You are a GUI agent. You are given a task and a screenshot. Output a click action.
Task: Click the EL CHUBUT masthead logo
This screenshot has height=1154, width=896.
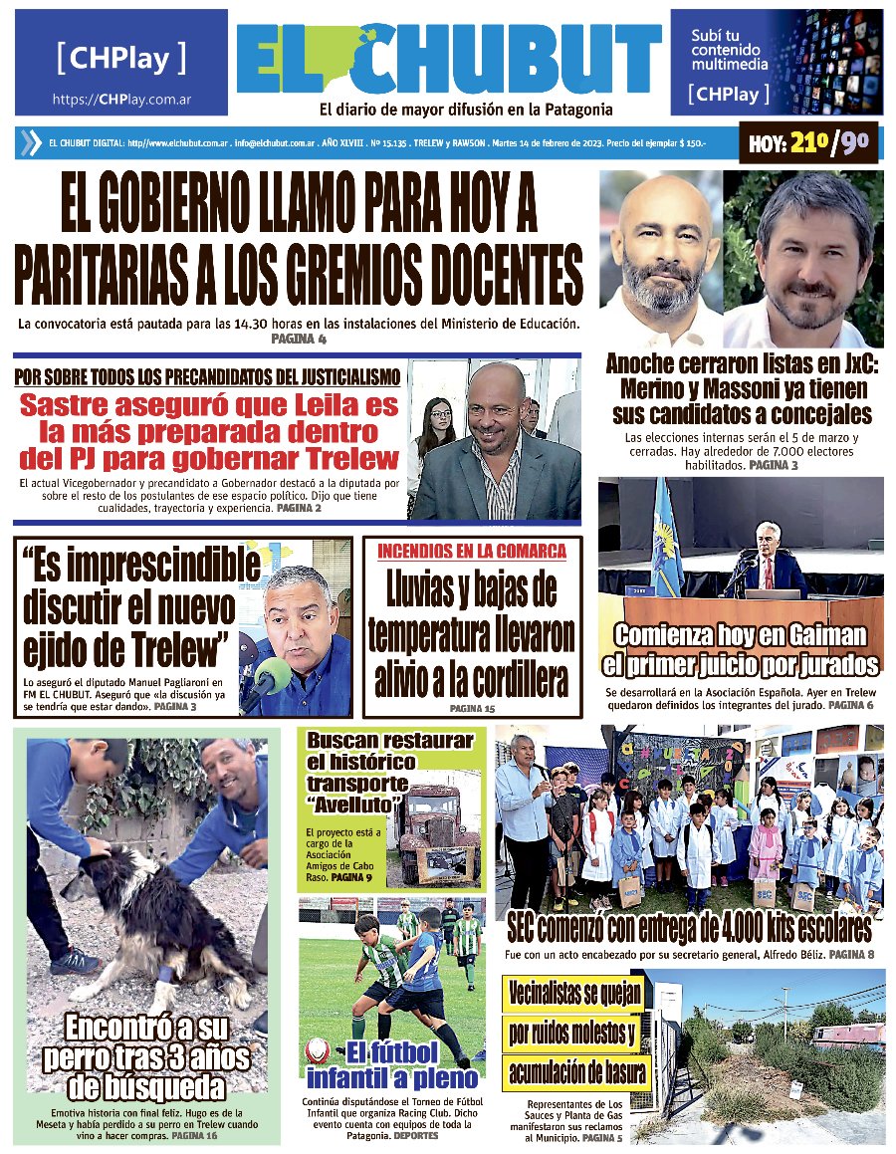coord(449,60)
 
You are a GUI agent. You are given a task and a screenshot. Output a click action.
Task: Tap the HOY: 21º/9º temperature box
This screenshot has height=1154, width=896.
coord(809,144)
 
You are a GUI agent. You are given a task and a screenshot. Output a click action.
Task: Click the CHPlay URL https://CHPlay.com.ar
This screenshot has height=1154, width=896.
coord(121,100)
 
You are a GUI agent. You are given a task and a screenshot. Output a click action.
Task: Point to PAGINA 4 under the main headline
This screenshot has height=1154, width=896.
coord(299,340)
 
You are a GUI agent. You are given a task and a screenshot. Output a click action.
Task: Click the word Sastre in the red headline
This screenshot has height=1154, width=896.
coord(78,406)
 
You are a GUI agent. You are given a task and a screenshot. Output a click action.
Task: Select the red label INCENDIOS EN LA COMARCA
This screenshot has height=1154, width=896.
coord(472,551)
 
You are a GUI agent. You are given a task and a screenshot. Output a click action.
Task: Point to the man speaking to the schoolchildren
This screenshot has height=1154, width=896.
coord(526,797)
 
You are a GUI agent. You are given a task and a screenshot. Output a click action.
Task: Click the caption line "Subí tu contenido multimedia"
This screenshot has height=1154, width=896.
coord(730,50)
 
